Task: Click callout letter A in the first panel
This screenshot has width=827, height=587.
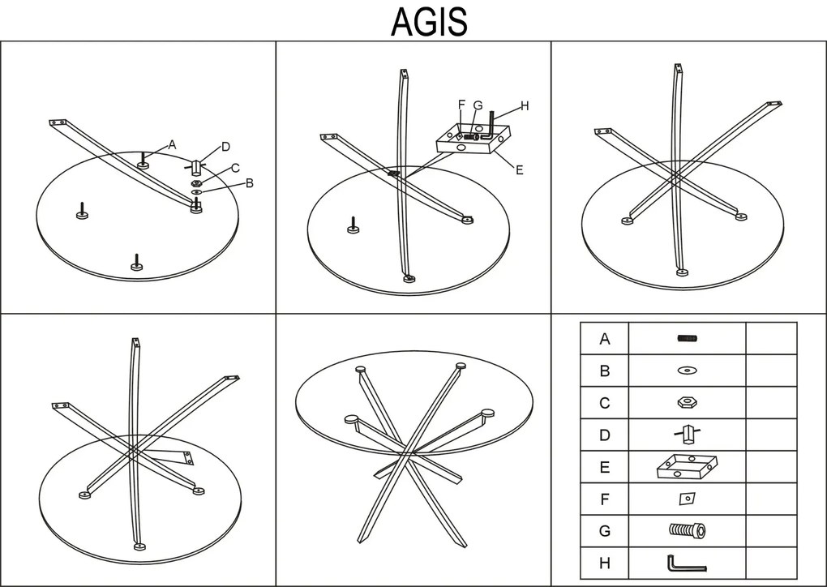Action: pyautogui.click(x=172, y=144)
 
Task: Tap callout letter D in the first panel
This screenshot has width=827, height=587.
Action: pyautogui.click(x=226, y=147)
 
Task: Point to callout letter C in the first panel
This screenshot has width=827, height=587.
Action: pyautogui.click(x=235, y=168)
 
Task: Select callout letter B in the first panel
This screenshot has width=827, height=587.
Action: pyautogui.click(x=250, y=183)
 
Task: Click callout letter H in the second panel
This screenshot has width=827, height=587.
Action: pyautogui.click(x=525, y=105)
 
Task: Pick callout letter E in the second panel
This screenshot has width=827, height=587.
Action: pyautogui.click(x=519, y=169)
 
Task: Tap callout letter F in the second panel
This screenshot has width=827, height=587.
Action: pyautogui.click(x=461, y=105)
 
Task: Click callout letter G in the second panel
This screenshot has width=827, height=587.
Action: pyautogui.click(x=478, y=105)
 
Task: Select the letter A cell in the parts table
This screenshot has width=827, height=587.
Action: pyautogui.click(x=604, y=339)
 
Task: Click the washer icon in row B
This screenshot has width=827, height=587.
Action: pyautogui.click(x=687, y=371)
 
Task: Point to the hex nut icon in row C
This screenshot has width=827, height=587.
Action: pyautogui.click(x=687, y=403)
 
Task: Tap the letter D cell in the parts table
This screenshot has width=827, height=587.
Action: pyautogui.click(x=604, y=435)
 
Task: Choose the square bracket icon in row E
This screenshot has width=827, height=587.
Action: pyautogui.click(x=687, y=467)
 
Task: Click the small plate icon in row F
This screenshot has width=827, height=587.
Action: pyautogui.click(x=687, y=499)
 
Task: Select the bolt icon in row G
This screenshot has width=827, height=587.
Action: pyautogui.click(x=687, y=531)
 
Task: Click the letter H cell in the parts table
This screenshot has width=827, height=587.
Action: pyautogui.click(x=604, y=563)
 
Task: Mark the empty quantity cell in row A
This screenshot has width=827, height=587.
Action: pyautogui.click(x=770, y=339)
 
